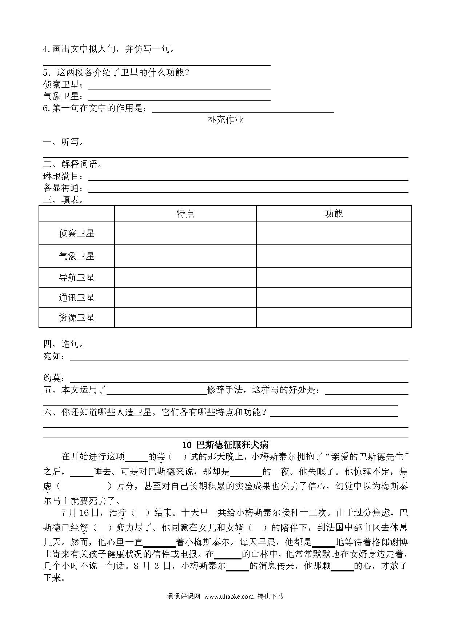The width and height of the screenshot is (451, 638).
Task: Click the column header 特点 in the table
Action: [185, 214]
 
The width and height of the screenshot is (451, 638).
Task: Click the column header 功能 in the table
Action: [334, 214]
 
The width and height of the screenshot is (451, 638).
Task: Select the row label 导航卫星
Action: [76, 278]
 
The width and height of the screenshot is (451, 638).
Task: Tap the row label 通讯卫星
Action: [76, 298]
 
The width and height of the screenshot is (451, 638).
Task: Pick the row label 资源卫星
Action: [76, 318]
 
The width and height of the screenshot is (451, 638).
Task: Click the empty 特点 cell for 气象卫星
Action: [185, 256]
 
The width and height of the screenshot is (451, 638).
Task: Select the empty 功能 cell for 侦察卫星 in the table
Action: [334, 233]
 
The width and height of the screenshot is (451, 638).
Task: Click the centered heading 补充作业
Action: [225, 120]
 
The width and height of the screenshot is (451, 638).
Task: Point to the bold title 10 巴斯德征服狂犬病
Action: [225, 444]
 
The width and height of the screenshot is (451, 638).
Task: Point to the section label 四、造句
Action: [63, 344]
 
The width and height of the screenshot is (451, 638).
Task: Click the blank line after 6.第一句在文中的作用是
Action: [243, 111]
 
